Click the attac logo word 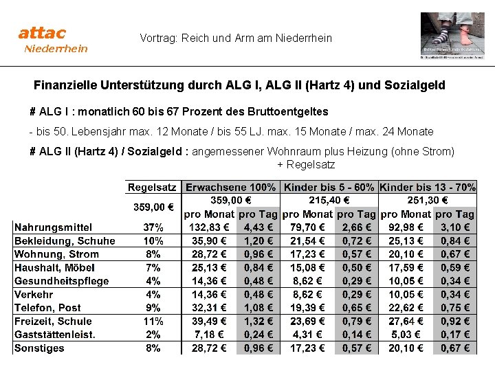(42, 32)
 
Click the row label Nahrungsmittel (53, 227)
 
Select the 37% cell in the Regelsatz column (153, 227)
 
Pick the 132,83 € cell (208, 227)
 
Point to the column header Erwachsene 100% (231, 187)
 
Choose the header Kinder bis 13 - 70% (428, 187)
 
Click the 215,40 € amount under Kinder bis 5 (329, 200)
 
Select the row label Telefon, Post (47, 308)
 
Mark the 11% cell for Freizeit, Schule (153, 321)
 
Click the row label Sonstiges (39, 348)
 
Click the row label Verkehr (34, 294)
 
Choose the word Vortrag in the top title (158, 38)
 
